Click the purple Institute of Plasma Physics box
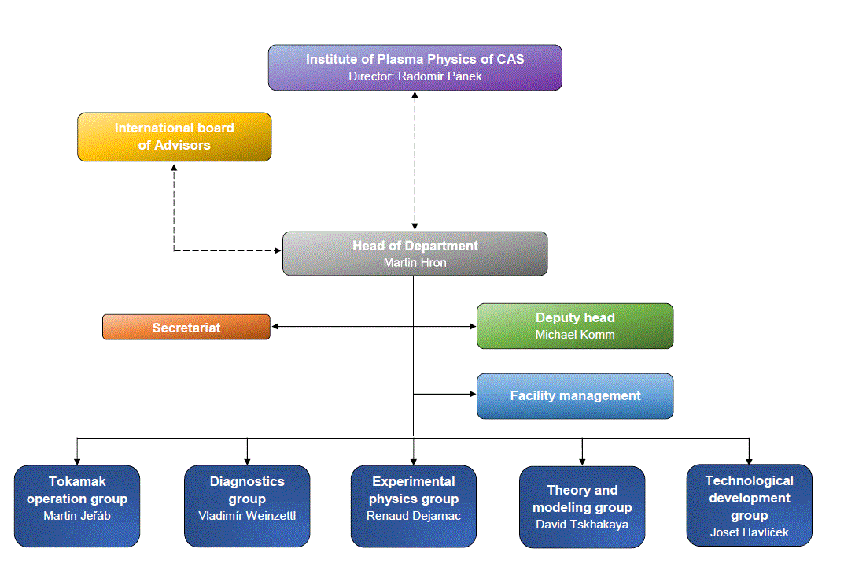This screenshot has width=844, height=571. [415, 67]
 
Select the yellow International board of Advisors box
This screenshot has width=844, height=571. [174, 136]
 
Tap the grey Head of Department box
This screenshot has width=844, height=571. [415, 253]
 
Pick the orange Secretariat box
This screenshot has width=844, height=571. [186, 327]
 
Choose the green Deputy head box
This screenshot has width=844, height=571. [575, 325]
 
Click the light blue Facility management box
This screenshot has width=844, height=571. [575, 395]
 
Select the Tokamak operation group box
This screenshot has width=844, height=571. [77, 506]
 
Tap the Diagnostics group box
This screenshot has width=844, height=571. [247, 506]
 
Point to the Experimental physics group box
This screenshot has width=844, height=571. [414, 506]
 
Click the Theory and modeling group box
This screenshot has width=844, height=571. [582, 506]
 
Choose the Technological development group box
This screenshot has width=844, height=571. [749, 504]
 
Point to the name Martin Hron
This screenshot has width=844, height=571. [415, 262]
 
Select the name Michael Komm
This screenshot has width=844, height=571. [575, 335]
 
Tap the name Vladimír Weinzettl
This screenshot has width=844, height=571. [247, 516]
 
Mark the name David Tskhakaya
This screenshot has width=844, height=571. [582, 524]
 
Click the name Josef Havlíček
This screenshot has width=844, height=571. [749, 532]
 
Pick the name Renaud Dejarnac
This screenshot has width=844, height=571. [414, 516]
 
